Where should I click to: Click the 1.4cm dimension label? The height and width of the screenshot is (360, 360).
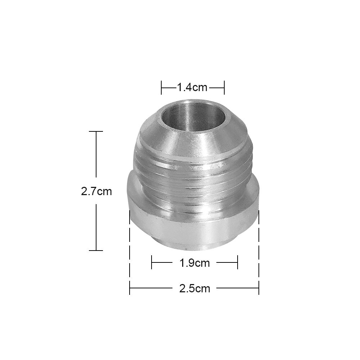tap(193, 87)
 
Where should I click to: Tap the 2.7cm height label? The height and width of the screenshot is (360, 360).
tap(96, 192)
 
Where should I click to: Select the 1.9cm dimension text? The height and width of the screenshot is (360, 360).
tap(194, 263)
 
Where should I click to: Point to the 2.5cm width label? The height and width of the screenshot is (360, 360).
tap(194, 288)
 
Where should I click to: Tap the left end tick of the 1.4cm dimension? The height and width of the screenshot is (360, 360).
tap(162, 87)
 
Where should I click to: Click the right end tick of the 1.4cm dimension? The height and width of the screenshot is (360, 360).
tap(224, 87)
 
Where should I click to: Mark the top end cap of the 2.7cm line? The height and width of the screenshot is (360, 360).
tap(96, 132)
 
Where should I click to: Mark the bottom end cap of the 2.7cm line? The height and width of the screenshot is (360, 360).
tap(96, 250)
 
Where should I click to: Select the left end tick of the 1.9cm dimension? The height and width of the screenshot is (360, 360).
tap(152, 263)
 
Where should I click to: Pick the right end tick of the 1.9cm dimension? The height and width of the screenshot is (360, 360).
tap(238, 263)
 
